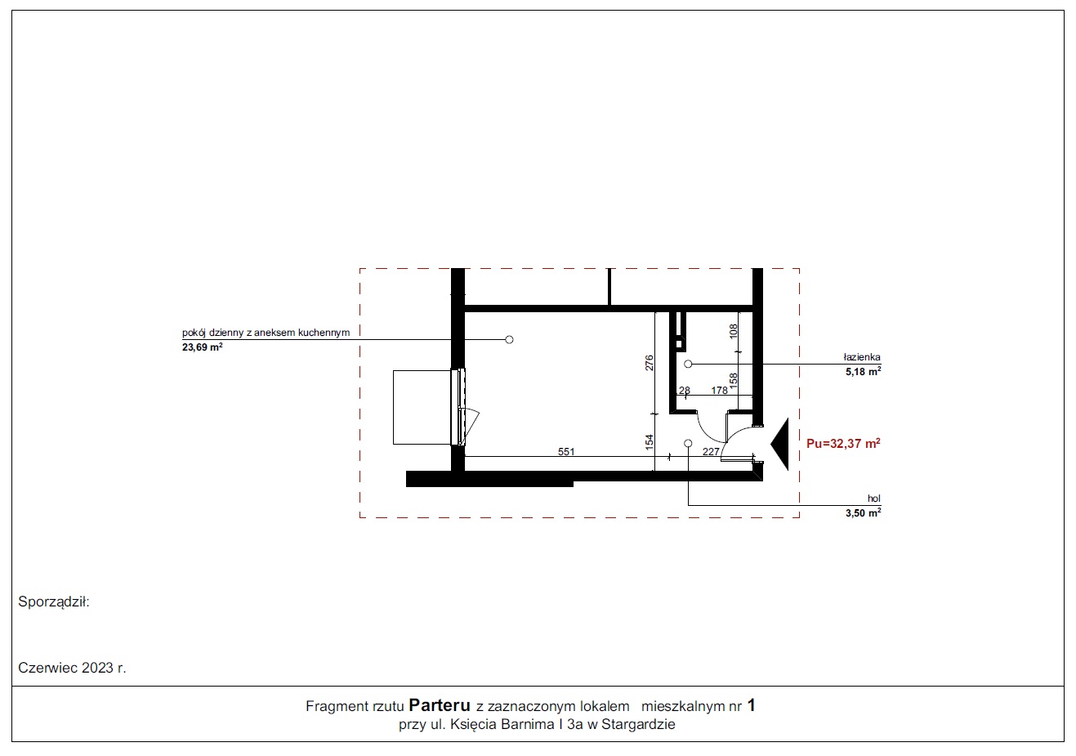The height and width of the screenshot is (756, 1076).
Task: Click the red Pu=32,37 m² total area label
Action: coord(843,443)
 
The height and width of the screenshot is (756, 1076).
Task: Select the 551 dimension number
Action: coord(566,451)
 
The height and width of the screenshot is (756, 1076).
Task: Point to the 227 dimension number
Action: coord(711,451)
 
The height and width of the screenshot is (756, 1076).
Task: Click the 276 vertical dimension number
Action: coord(650,362)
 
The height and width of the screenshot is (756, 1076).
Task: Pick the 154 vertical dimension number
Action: coord(650,442)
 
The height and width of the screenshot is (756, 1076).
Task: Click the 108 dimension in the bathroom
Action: coord(734,331)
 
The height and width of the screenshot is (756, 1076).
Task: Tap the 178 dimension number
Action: coord(720,390)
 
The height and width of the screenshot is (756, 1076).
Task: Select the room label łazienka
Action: coord(862,357)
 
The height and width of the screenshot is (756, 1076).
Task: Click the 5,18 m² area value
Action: coord(864,371)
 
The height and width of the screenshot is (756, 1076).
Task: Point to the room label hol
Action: coord(874,499)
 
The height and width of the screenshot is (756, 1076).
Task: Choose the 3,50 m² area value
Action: coord(864,512)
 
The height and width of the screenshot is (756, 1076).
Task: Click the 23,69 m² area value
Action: coord(203,347)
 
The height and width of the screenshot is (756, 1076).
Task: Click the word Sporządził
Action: coord(54,602)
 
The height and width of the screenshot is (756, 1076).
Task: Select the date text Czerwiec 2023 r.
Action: coord(72,668)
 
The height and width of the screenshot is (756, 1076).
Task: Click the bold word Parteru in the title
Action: coord(440,705)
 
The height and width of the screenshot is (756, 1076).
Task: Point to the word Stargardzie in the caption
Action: coord(638,724)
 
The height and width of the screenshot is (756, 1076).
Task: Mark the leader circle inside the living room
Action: coord(509,340)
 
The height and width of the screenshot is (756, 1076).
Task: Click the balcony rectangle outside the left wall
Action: coord(422,408)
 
